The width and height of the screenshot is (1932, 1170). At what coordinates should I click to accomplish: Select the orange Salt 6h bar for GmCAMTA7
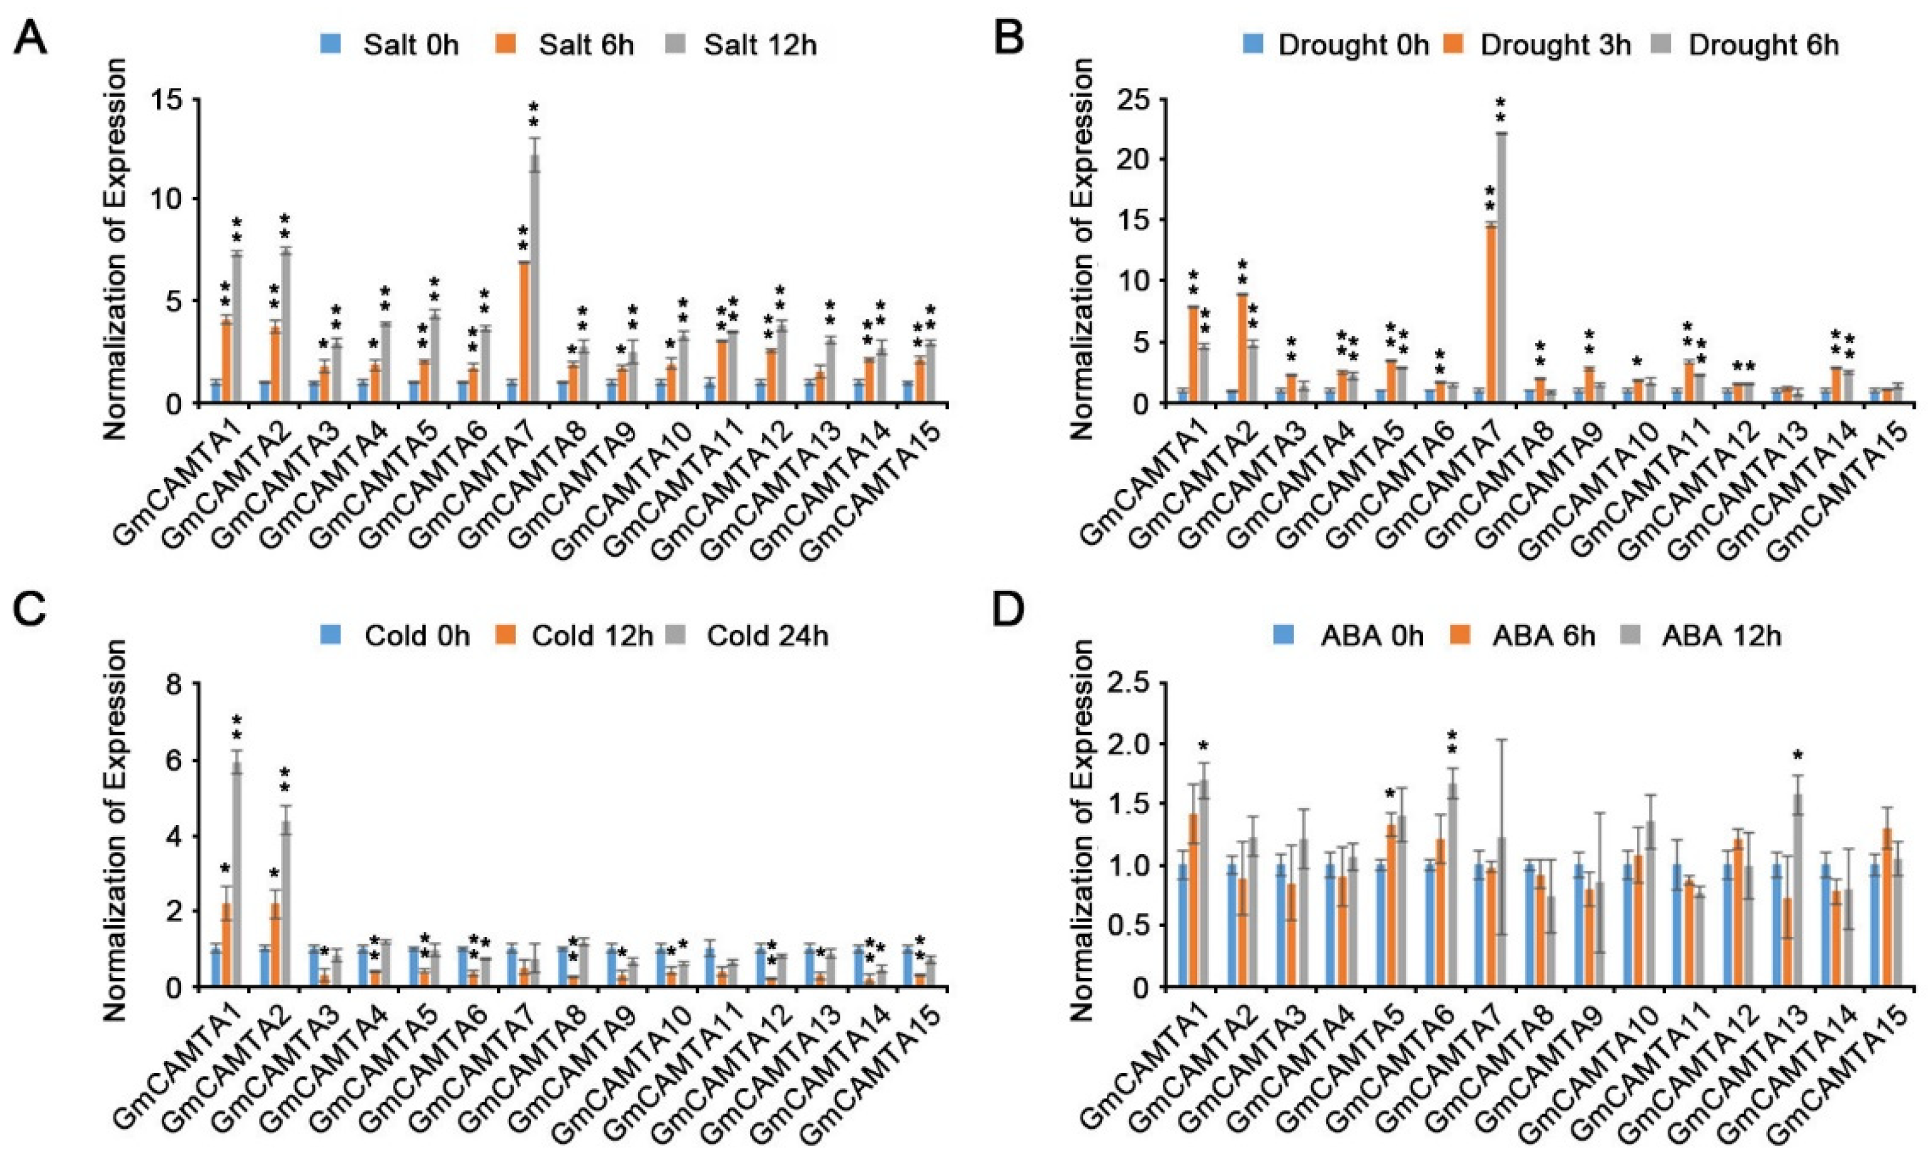523,332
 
